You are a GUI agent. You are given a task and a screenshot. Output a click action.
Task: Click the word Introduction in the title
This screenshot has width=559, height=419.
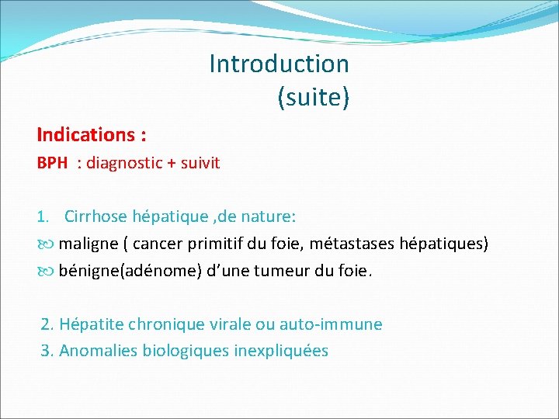pyautogui.click(x=279, y=64)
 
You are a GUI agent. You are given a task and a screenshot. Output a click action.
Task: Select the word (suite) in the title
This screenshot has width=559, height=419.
pyautogui.click(x=313, y=97)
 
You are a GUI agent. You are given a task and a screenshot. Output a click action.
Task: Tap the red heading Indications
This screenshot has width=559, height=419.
pyautogui.click(x=88, y=135)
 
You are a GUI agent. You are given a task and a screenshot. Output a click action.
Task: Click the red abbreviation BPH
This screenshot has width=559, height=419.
pyautogui.click(x=52, y=164)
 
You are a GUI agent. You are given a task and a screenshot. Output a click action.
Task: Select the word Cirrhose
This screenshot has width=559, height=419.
pyautogui.click(x=97, y=215)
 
